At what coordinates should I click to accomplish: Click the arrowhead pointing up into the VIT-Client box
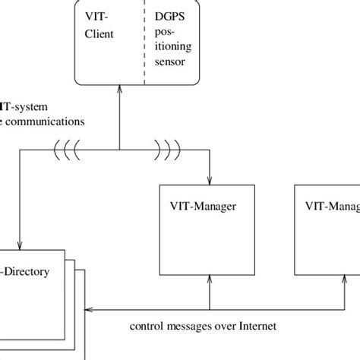click(119, 89)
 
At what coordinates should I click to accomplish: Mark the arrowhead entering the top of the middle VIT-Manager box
click(208, 180)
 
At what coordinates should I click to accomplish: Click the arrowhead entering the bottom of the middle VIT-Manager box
click(208, 282)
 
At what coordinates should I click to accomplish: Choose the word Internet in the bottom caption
click(254, 329)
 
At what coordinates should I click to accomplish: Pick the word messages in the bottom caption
click(191, 329)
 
